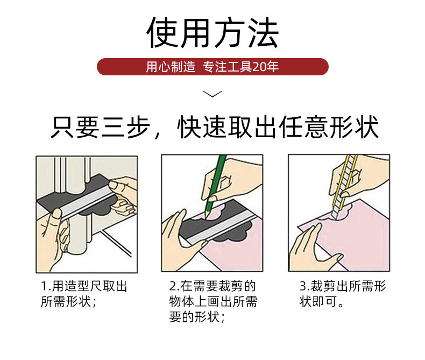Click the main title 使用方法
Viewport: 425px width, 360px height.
(x=212, y=33)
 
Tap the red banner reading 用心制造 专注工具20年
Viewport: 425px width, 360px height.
(x=212, y=67)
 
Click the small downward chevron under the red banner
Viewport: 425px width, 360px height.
(x=212, y=94)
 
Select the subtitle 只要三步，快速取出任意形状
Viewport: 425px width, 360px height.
(x=215, y=127)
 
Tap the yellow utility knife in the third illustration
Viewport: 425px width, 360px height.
(x=343, y=187)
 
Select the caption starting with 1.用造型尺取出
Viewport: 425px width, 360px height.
(x=84, y=294)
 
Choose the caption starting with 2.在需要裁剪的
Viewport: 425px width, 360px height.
(x=213, y=301)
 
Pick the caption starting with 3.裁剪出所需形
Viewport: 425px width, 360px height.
(x=343, y=294)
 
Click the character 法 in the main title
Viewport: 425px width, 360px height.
(x=264, y=33)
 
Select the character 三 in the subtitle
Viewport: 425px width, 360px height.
(x=113, y=127)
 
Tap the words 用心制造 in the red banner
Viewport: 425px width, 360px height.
(x=171, y=67)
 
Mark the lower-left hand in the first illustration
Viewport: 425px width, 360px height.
(x=54, y=238)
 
